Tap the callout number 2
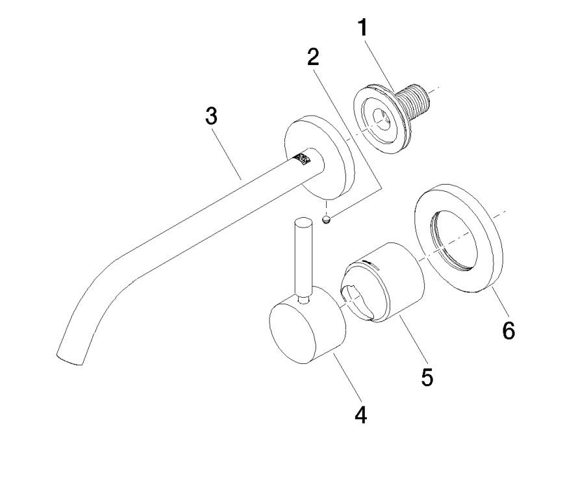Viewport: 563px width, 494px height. click(x=314, y=57)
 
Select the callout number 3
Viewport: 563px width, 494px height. click(x=211, y=117)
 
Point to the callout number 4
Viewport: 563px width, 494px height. click(x=361, y=414)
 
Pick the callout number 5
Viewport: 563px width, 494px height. click(x=427, y=377)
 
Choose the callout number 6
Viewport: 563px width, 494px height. click(x=508, y=330)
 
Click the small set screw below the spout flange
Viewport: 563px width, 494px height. click(x=328, y=220)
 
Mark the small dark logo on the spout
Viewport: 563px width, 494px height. click(x=302, y=158)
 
